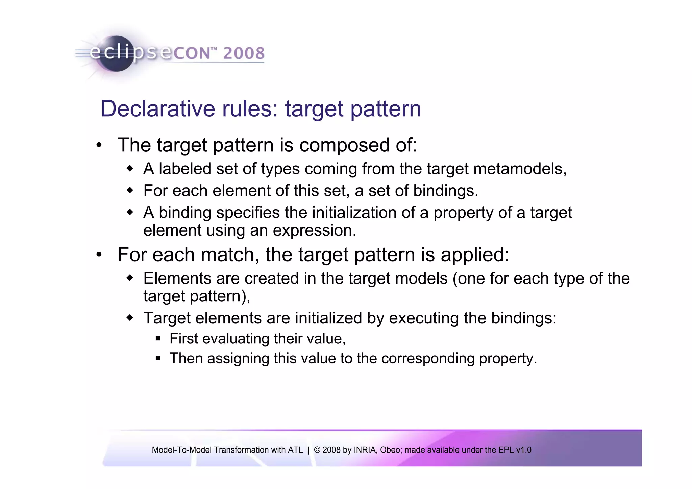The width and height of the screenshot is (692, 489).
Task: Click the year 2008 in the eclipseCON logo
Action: [244, 53]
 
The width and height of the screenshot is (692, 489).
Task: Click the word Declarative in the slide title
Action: [158, 109]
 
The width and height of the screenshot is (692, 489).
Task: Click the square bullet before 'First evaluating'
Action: [158, 339]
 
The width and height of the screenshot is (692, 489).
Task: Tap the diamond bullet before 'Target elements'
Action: [130, 318]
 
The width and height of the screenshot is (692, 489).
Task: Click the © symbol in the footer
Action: [317, 450]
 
